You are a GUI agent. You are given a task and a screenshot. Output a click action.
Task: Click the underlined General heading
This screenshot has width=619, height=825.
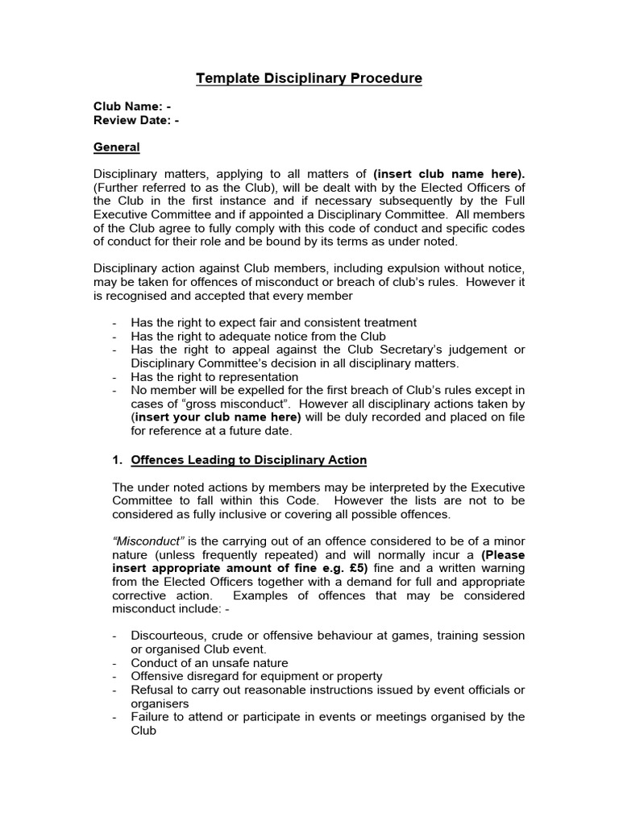(117, 147)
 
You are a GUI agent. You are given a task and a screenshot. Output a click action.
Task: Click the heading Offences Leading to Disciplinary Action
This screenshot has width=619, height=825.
(248, 460)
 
